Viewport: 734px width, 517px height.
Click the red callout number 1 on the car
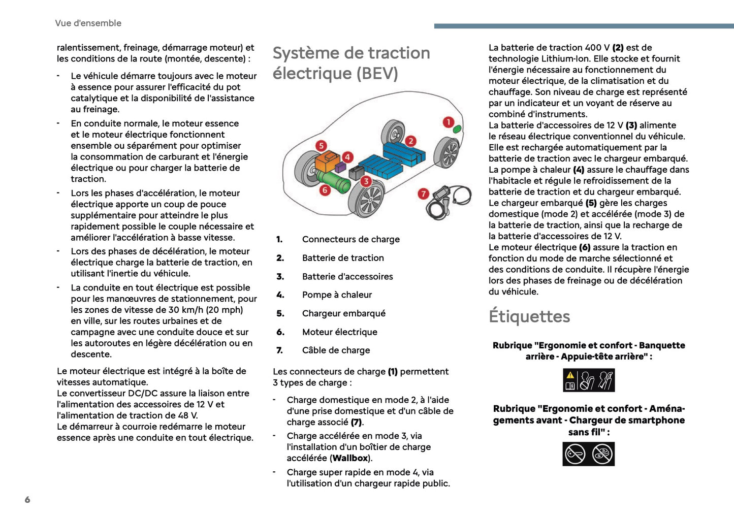(x=448, y=122)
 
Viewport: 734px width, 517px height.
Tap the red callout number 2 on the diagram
(x=410, y=141)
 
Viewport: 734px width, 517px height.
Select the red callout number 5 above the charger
(x=321, y=146)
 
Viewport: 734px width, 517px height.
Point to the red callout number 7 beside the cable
(x=423, y=193)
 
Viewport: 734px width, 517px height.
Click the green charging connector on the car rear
(x=457, y=129)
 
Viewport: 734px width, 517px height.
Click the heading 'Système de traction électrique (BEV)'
(x=351, y=63)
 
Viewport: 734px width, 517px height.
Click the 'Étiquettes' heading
(x=529, y=316)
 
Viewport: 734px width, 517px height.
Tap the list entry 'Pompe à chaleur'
(x=337, y=295)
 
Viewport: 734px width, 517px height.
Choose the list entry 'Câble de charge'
(x=336, y=350)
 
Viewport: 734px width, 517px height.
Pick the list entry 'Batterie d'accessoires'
(x=347, y=276)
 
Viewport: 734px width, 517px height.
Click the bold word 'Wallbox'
(x=350, y=458)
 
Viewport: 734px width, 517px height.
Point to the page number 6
(x=27, y=500)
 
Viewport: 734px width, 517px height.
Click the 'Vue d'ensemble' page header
(x=88, y=23)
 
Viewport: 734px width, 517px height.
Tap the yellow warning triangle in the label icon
(x=570, y=375)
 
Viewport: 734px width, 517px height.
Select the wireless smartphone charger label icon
(x=588, y=454)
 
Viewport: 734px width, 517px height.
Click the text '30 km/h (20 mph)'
(x=206, y=310)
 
